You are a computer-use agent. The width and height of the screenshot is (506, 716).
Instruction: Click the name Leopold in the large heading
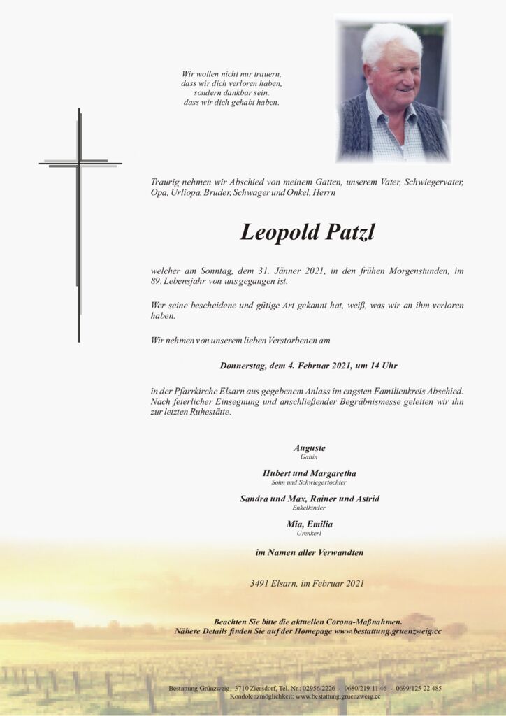(279, 232)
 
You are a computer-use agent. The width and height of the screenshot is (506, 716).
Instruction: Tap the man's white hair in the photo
(391, 42)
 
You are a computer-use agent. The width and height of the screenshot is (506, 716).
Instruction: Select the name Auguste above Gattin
(310, 448)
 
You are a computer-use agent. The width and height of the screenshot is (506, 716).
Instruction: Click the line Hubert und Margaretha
(310, 473)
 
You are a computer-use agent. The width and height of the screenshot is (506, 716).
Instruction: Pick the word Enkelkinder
(310, 508)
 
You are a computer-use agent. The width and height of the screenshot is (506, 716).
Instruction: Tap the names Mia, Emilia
(310, 524)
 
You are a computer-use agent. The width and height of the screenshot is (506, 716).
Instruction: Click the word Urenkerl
(310, 533)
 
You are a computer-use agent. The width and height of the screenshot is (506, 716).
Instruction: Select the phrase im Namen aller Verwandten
(310, 552)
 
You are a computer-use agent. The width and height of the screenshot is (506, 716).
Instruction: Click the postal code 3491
(259, 583)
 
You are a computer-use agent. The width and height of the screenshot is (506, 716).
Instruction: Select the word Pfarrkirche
(190, 391)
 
